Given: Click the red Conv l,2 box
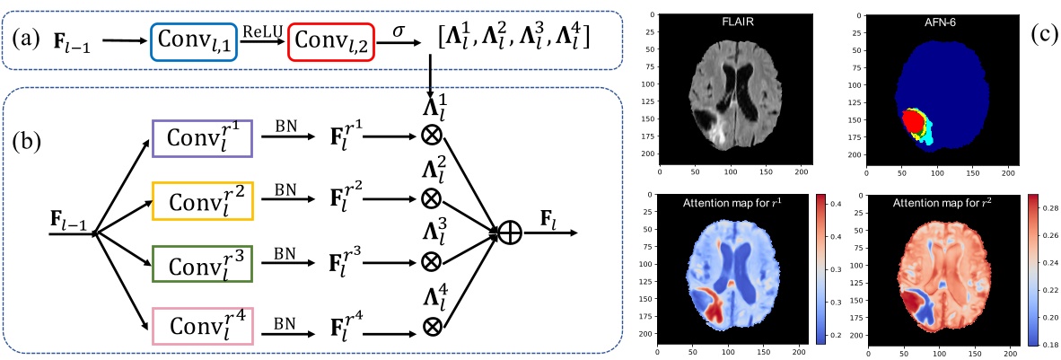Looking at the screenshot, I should click(329, 41).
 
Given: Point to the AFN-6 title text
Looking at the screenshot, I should click(924, 21).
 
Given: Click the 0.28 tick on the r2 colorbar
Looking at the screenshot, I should click(1036, 208).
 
